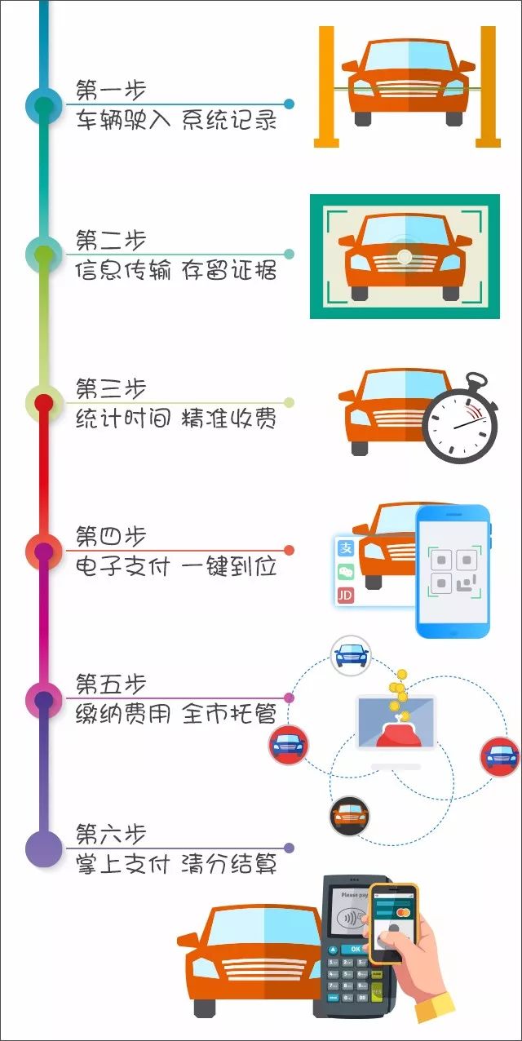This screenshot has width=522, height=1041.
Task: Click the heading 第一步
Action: click(x=111, y=90)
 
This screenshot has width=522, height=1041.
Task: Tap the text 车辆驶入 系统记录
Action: click(x=176, y=121)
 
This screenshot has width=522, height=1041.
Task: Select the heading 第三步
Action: click(x=111, y=388)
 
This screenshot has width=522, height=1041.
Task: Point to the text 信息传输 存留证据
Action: click(x=176, y=270)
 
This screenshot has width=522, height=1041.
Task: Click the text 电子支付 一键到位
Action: click(x=176, y=566)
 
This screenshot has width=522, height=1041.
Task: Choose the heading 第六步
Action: click(x=111, y=834)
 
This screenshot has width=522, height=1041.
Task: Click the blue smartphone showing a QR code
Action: click(x=453, y=572)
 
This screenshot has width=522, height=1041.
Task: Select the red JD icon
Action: click(x=346, y=596)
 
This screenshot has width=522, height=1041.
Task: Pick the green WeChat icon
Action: click(x=346, y=572)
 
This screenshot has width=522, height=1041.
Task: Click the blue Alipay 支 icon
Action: click(x=346, y=548)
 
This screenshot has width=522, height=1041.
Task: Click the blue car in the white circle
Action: click(x=351, y=654)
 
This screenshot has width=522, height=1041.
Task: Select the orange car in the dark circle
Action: click(x=349, y=815)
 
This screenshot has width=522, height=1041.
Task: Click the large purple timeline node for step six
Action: click(x=44, y=848)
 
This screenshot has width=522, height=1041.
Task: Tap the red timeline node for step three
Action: click(x=44, y=403)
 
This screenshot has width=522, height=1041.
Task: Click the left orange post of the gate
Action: click(x=326, y=86)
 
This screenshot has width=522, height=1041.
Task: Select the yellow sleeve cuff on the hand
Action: click(x=434, y=1007)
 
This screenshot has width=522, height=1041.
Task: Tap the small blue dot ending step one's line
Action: click(x=289, y=104)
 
